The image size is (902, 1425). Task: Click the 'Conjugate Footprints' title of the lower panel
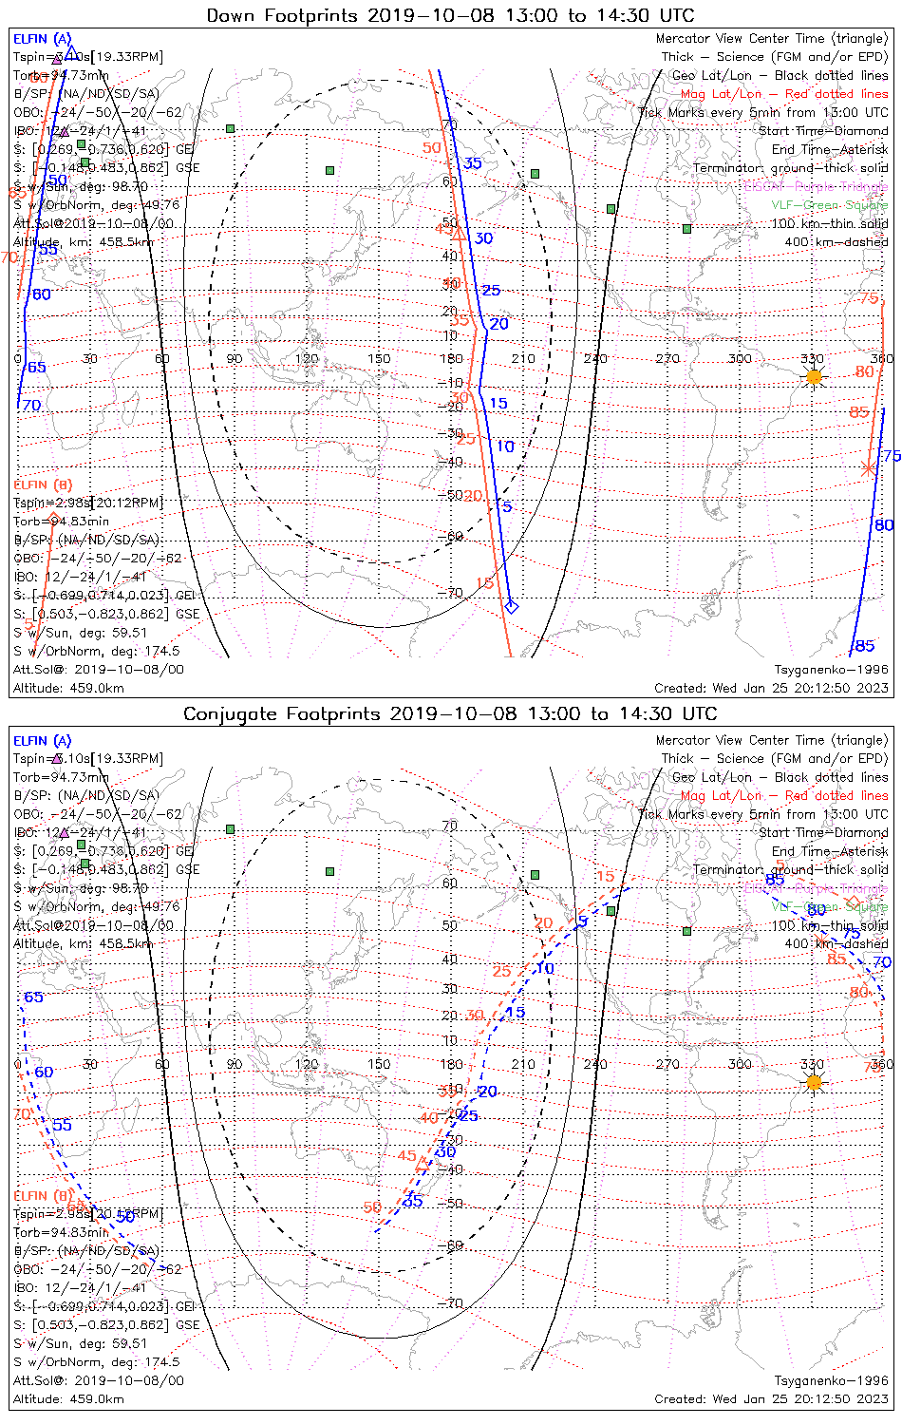(283, 713)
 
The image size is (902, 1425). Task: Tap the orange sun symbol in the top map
(814, 377)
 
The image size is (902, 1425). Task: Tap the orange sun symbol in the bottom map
(814, 1082)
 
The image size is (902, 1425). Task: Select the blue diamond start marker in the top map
(512, 606)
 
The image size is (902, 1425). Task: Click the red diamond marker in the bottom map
(853, 901)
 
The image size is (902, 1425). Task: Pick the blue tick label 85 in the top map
(864, 646)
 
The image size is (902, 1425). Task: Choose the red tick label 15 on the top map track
(484, 583)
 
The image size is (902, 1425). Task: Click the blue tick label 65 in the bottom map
(33, 997)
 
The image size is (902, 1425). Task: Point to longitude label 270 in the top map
(667, 358)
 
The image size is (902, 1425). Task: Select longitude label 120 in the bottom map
(307, 1064)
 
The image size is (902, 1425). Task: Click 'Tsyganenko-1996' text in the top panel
(831, 670)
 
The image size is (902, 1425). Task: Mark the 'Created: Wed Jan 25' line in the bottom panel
(771, 1398)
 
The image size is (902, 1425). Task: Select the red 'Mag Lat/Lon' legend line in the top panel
(784, 94)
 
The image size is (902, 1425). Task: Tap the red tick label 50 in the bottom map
(372, 1207)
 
